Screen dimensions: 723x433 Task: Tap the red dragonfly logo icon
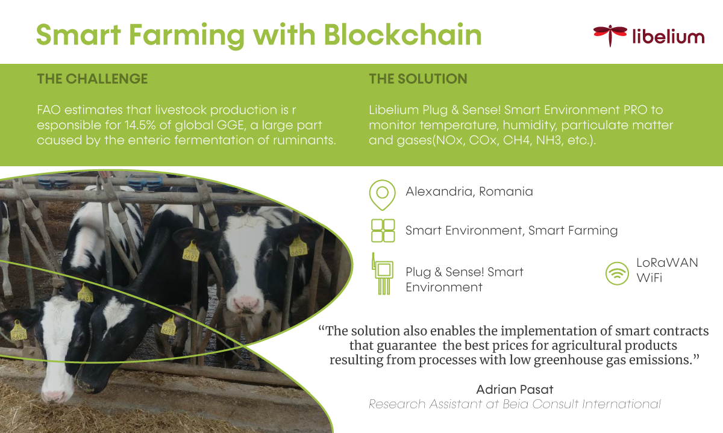(x=610, y=35)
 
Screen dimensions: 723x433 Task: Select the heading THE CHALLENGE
(x=92, y=79)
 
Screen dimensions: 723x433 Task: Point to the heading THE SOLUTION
(x=418, y=79)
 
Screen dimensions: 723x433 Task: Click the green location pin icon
(x=383, y=195)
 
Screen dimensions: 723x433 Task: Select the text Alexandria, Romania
(x=469, y=192)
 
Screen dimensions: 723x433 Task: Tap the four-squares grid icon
(x=383, y=231)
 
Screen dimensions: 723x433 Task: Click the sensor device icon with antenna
(x=383, y=273)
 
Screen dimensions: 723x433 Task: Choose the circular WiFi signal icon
(x=617, y=273)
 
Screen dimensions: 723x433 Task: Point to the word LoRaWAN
(x=667, y=263)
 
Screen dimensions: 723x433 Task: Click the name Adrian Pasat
(x=515, y=390)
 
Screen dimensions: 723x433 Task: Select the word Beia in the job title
(x=516, y=404)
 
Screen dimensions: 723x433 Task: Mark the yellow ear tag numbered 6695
(x=19, y=331)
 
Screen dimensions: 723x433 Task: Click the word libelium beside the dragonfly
(x=668, y=36)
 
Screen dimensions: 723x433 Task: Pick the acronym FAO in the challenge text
(x=49, y=110)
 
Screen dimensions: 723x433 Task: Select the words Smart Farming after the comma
(x=573, y=231)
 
